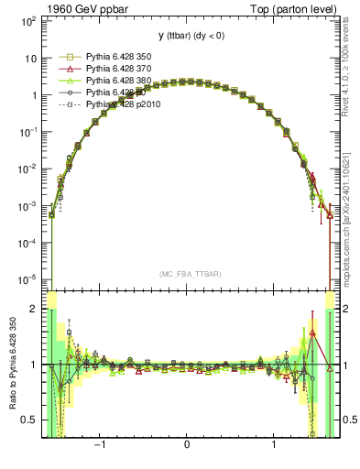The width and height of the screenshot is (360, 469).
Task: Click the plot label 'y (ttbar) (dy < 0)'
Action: tap(187, 36)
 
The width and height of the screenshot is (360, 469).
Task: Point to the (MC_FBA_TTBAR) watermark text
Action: tap(187, 274)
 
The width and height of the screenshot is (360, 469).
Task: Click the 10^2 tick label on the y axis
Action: tap(28, 20)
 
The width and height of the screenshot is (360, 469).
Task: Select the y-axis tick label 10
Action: tap(30, 58)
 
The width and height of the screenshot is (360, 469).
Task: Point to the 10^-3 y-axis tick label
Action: tap(27, 206)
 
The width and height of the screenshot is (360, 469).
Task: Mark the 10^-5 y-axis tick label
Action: tap(27, 280)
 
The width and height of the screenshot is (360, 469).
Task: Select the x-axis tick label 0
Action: tap(187, 447)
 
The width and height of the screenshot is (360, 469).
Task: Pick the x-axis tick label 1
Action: tap(275, 447)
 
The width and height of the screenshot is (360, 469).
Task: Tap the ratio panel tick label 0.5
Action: tap(30, 420)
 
